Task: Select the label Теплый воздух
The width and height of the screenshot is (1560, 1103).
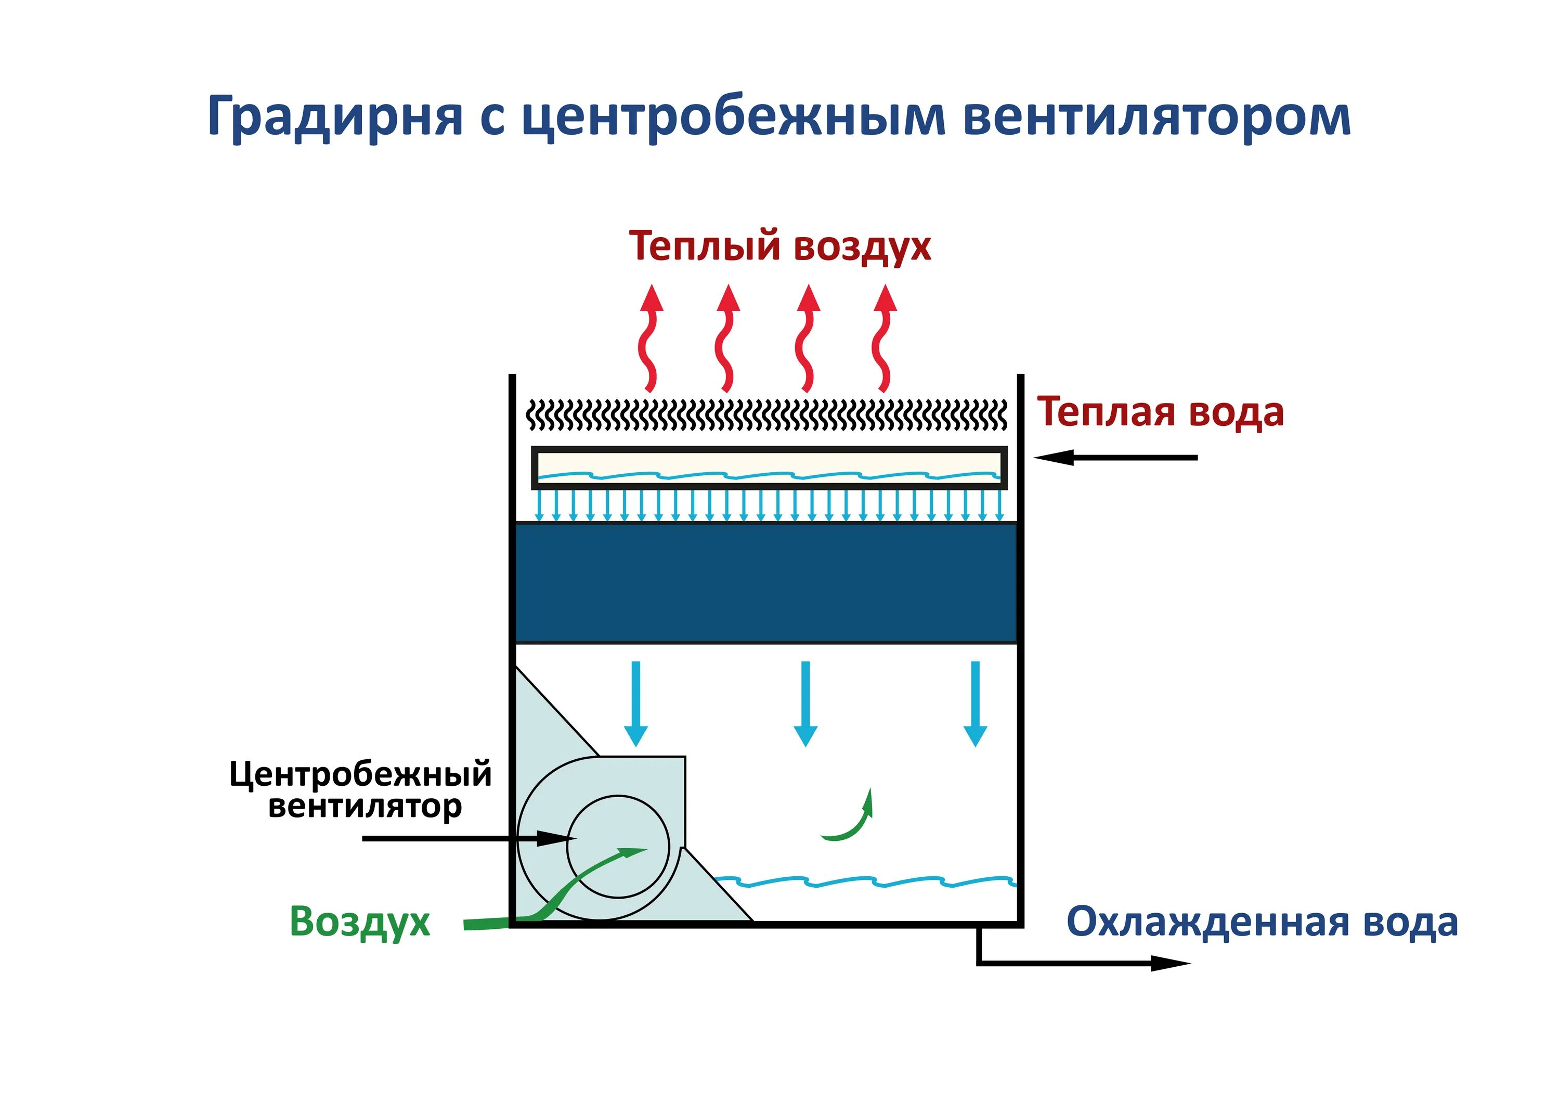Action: (x=779, y=246)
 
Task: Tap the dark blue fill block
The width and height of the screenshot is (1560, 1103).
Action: (x=766, y=582)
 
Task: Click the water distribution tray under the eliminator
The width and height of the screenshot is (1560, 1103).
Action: (x=769, y=467)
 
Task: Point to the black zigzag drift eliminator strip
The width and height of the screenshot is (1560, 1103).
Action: (x=767, y=415)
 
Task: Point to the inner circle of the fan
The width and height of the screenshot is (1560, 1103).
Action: (x=618, y=847)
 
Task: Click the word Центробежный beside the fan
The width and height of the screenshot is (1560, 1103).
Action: (x=360, y=774)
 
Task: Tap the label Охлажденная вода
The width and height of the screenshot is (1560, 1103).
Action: (x=1262, y=922)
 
